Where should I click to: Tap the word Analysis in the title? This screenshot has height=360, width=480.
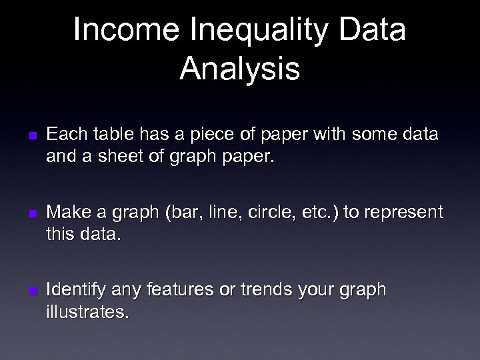click(239, 69)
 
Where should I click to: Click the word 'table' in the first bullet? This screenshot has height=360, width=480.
click(110, 135)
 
